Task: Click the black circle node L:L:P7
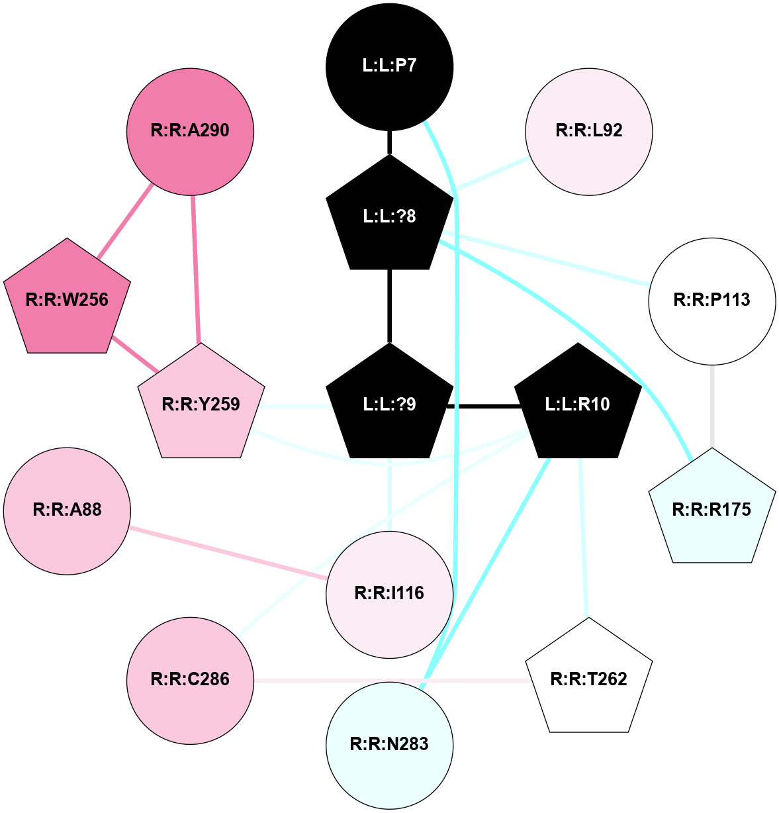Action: (389, 66)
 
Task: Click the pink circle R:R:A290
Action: (190, 130)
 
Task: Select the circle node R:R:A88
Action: (67, 510)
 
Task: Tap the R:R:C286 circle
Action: (190, 679)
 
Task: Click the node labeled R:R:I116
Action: (389, 593)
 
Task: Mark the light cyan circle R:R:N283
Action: (389, 744)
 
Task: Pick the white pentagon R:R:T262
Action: (588, 679)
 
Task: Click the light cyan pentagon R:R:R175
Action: (711, 510)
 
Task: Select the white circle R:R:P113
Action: (711, 300)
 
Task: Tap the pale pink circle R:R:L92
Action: (588, 130)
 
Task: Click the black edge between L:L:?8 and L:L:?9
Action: (389, 306)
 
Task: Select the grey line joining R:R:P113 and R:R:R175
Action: (712, 406)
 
